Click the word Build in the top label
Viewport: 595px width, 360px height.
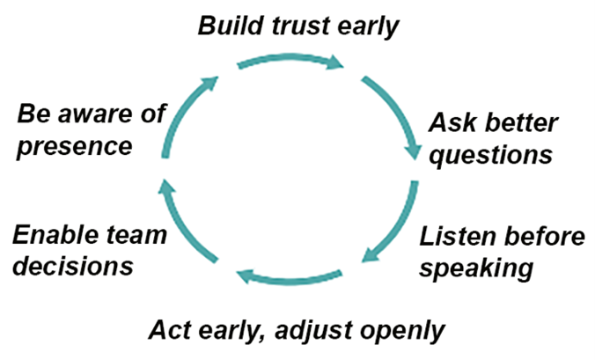[x=231, y=26]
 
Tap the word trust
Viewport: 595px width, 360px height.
[x=300, y=26]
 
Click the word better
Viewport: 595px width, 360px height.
[x=521, y=122]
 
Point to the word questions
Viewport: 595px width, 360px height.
[x=490, y=156]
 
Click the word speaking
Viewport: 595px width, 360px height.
[x=476, y=268]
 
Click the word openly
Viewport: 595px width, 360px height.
[x=402, y=331]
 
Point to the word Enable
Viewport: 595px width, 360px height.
[x=54, y=235]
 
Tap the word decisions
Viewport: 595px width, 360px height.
[x=73, y=266]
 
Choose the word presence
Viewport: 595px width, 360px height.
[x=74, y=147]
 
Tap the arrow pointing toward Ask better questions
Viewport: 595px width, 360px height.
[x=398, y=110]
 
